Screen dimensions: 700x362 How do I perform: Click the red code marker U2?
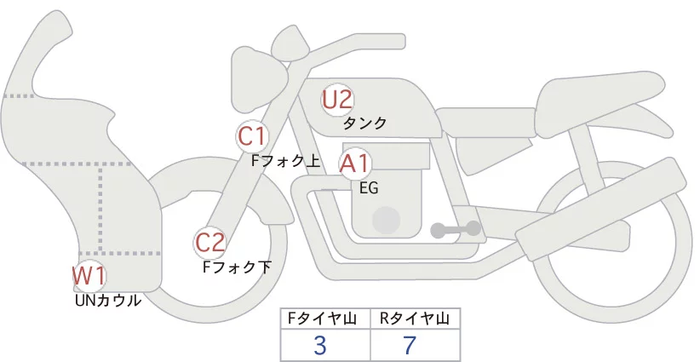(x=337, y=100)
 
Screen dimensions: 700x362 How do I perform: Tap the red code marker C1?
(x=252, y=136)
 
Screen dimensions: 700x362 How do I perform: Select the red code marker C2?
(x=210, y=244)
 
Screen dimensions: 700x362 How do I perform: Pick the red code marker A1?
(x=354, y=164)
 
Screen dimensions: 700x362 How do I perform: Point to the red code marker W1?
(x=89, y=275)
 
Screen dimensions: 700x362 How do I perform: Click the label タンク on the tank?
(x=364, y=124)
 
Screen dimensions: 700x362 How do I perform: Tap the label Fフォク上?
(x=286, y=161)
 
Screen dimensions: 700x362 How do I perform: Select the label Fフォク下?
(x=237, y=267)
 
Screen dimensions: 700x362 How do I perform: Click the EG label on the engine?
(x=369, y=188)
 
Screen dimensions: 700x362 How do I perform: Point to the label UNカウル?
(x=108, y=301)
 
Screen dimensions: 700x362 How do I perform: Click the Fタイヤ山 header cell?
(x=325, y=319)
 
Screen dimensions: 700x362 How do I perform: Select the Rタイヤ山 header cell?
(x=416, y=319)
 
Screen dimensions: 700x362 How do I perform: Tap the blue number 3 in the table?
(x=320, y=345)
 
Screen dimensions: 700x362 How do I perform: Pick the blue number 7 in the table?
(x=410, y=345)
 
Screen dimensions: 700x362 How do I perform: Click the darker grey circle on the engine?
(x=386, y=220)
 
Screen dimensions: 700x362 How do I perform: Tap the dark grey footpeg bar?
(x=456, y=229)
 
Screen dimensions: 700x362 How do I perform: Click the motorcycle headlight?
(x=259, y=79)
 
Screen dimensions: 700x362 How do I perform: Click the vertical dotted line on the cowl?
(x=100, y=209)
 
